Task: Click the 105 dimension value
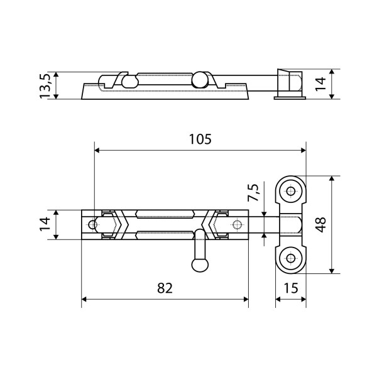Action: (x=200, y=139)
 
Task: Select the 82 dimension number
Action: (x=165, y=288)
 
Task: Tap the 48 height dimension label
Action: (x=320, y=224)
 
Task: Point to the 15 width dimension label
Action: (x=291, y=288)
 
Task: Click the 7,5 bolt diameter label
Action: (x=253, y=192)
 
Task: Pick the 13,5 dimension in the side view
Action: (x=45, y=86)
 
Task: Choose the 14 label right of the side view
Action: (x=320, y=84)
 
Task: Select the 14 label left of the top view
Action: (x=45, y=224)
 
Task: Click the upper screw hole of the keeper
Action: (x=291, y=192)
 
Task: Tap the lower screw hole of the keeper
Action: (x=291, y=258)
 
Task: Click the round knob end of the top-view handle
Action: (x=200, y=265)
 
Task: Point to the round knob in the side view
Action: (x=199, y=79)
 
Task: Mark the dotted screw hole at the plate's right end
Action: (x=237, y=225)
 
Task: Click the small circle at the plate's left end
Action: (x=92, y=225)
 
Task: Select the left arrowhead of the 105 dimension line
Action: (x=97, y=151)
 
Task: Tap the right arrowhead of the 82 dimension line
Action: (x=246, y=299)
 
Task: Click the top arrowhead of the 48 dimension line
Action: (x=332, y=178)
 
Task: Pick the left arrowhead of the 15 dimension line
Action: (x=278, y=299)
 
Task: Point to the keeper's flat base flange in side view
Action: (x=290, y=97)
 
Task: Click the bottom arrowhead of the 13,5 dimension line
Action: (x=56, y=96)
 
